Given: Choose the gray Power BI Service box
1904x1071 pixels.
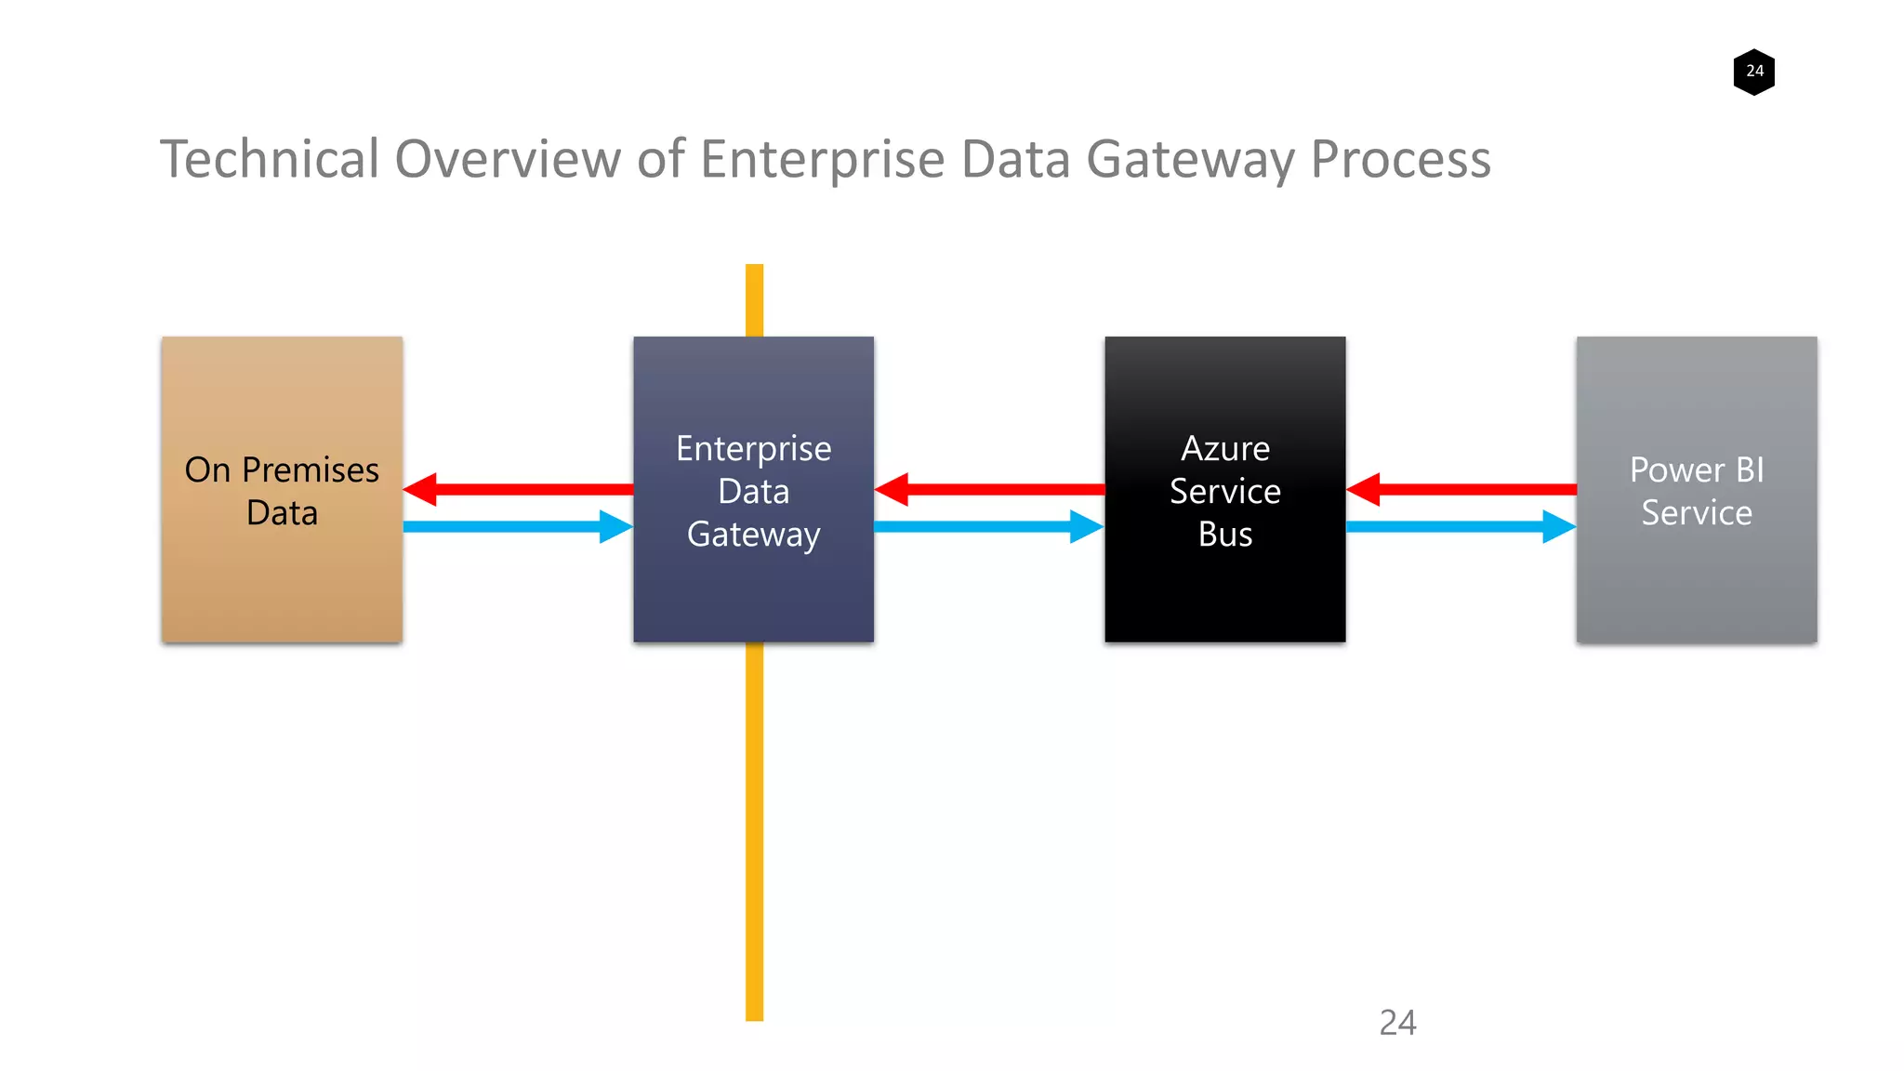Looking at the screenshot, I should tap(1696, 576).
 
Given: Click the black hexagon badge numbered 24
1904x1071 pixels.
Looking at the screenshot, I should tap(1753, 72).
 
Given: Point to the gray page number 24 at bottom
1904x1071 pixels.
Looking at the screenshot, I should tap(1397, 1023).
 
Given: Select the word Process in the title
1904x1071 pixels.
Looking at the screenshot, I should tap(1400, 159).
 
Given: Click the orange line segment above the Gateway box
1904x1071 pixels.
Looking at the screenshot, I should tap(754, 300).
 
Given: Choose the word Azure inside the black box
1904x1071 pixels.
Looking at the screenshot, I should tap(1224, 449).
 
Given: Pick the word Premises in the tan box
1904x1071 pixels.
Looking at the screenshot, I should tap(311, 470).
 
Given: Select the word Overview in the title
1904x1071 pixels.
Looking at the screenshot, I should tap(508, 159).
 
